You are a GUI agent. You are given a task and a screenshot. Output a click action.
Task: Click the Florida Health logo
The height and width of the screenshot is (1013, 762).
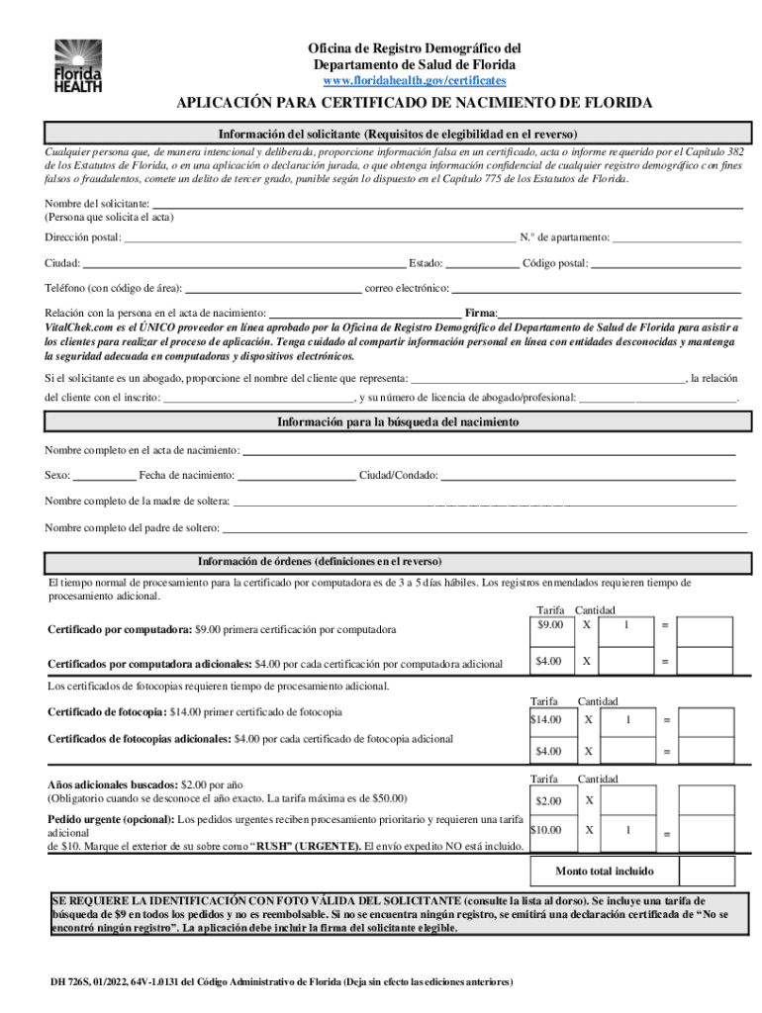click(x=78, y=66)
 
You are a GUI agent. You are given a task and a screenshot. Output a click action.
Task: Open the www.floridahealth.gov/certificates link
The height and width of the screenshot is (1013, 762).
click(x=414, y=79)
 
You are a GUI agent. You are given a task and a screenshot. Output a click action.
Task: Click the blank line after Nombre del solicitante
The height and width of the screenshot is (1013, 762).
click(x=446, y=206)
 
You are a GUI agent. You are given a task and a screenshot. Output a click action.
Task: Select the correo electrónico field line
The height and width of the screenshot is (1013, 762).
click(x=596, y=290)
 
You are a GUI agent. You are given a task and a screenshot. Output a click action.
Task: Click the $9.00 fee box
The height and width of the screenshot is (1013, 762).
click(x=550, y=626)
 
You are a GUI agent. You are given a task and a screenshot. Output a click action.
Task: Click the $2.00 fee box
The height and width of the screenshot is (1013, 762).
click(x=550, y=800)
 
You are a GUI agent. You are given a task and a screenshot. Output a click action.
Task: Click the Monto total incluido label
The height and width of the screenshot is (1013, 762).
click(x=604, y=872)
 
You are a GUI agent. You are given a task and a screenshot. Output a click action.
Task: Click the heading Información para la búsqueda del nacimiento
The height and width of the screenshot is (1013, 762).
click(x=397, y=422)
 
